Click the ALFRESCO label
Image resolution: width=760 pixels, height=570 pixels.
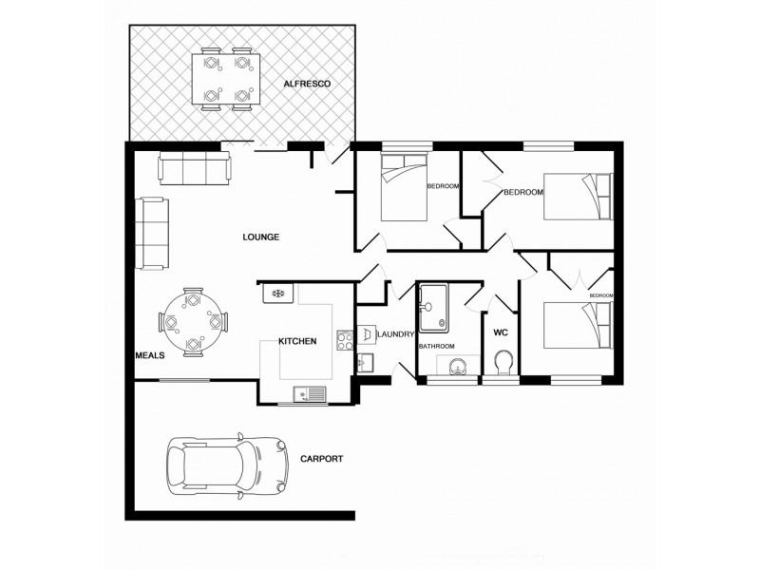pos(306,85)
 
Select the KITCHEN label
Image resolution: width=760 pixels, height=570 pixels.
pos(296,341)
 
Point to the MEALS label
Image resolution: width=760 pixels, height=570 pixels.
pos(151,354)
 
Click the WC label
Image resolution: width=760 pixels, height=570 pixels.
pos(500,332)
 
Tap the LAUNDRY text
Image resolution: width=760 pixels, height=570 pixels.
pos(393,334)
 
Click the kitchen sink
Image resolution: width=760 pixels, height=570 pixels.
pos(309,390)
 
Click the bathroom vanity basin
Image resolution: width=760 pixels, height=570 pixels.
pos(457,367)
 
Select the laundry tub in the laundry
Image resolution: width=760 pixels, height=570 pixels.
pos(365,361)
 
